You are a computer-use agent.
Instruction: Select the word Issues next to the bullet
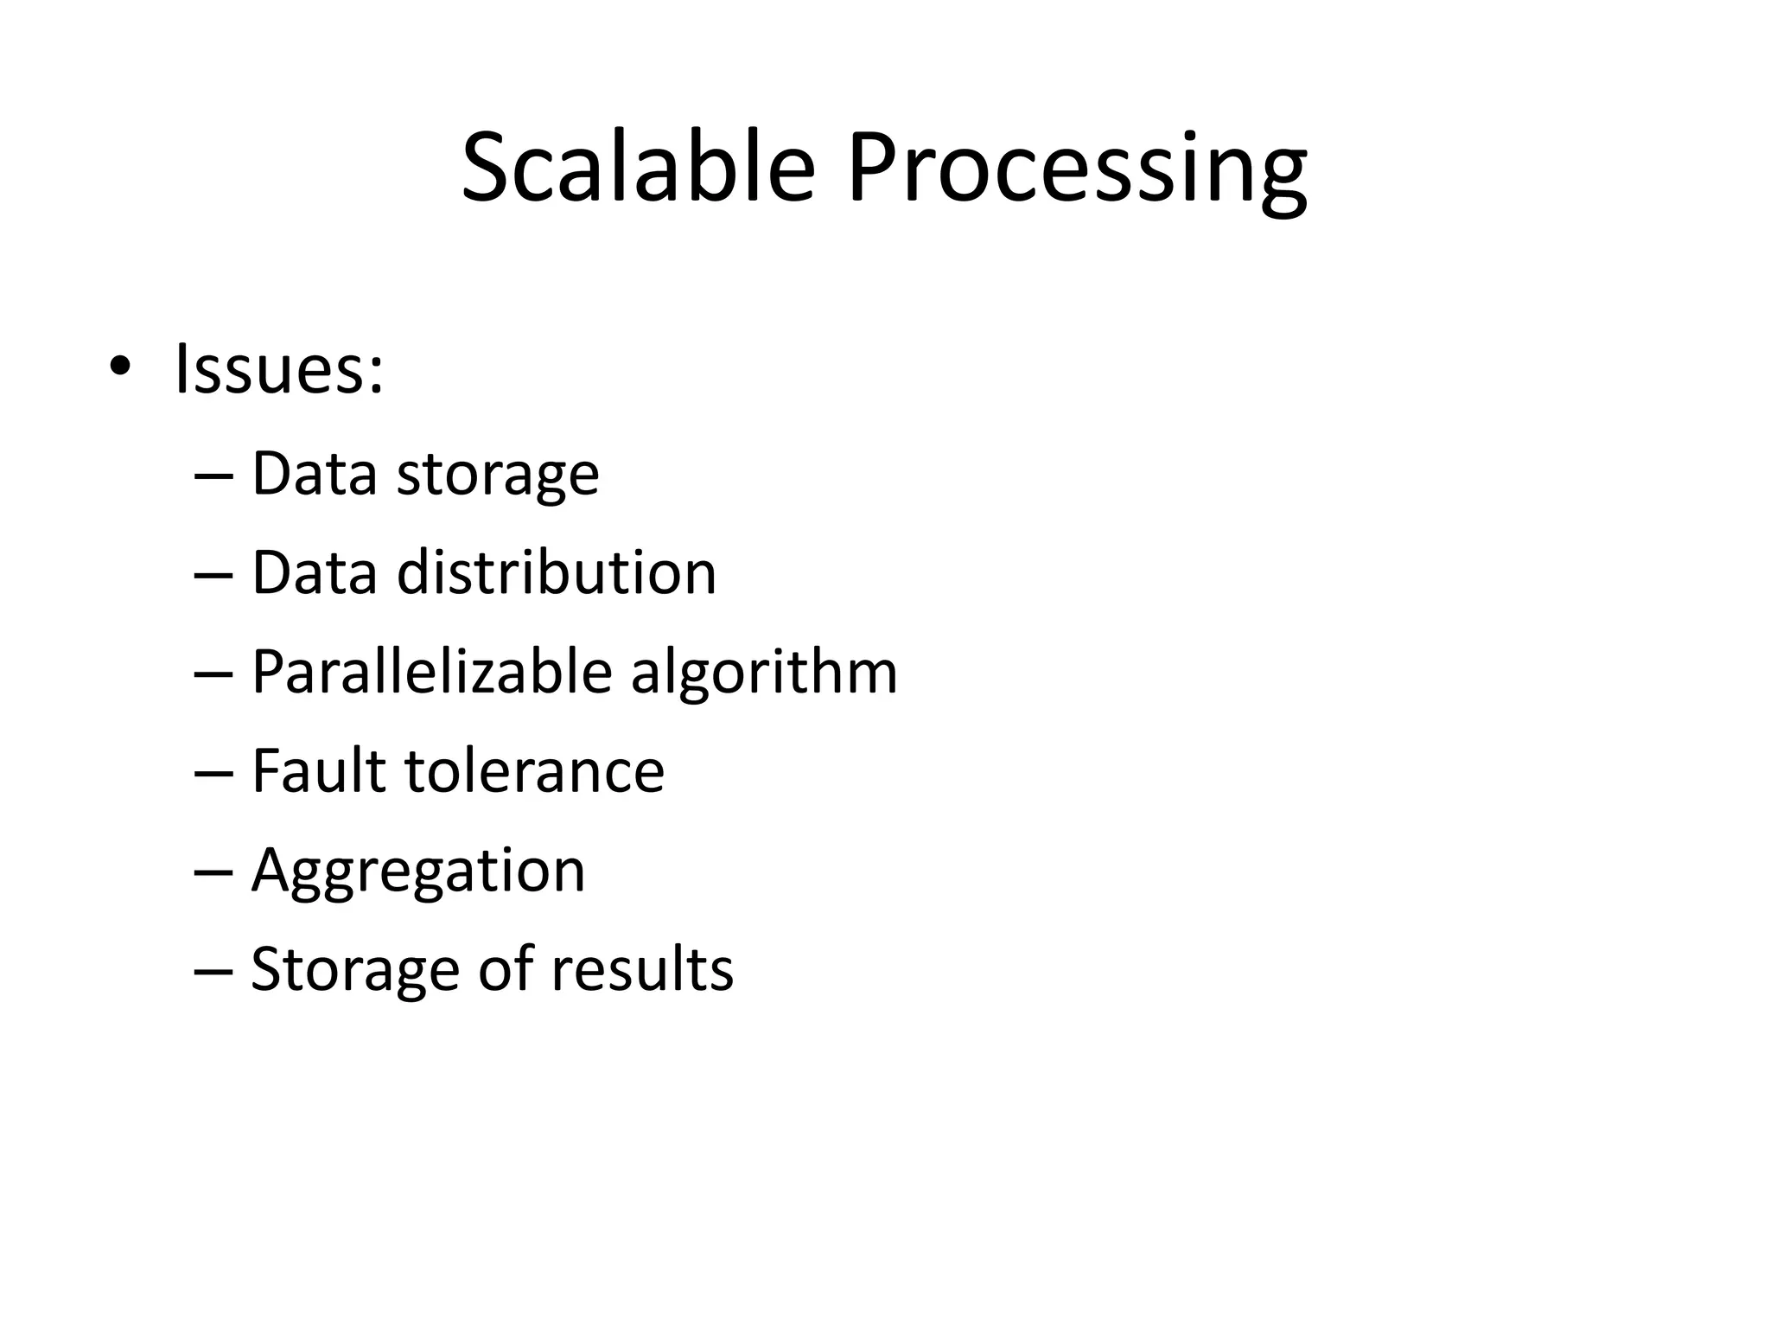[278, 370]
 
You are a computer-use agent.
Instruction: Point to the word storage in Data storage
[497, 475]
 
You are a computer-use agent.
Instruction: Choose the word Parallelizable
[431, 672]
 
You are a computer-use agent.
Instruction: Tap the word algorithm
[764, 674]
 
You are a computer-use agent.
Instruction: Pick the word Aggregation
[418, 871]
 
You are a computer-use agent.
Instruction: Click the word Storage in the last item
[354, 970]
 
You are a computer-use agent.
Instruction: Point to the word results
[642, 968]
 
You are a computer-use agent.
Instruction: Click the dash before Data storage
[214, 476]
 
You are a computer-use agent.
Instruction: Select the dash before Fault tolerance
[214, 772]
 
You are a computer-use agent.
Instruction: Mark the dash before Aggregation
[214, 871]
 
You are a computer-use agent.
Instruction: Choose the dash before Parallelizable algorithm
[214, 674]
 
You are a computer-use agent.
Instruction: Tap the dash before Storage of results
[214, 969]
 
